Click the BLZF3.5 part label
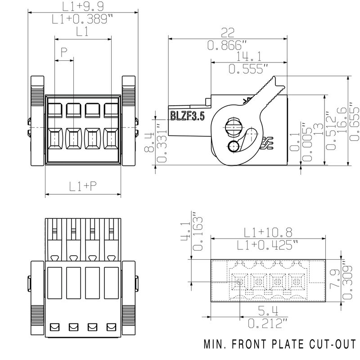point(187,116)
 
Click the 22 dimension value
point(228,33)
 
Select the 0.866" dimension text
point(224,45)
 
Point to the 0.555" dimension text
point(248,69)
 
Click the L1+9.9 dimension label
point(83,6)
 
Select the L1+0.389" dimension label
point(82,19)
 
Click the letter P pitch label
point(64,52)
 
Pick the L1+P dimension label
point(83,186)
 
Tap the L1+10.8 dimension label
point(268,233)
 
